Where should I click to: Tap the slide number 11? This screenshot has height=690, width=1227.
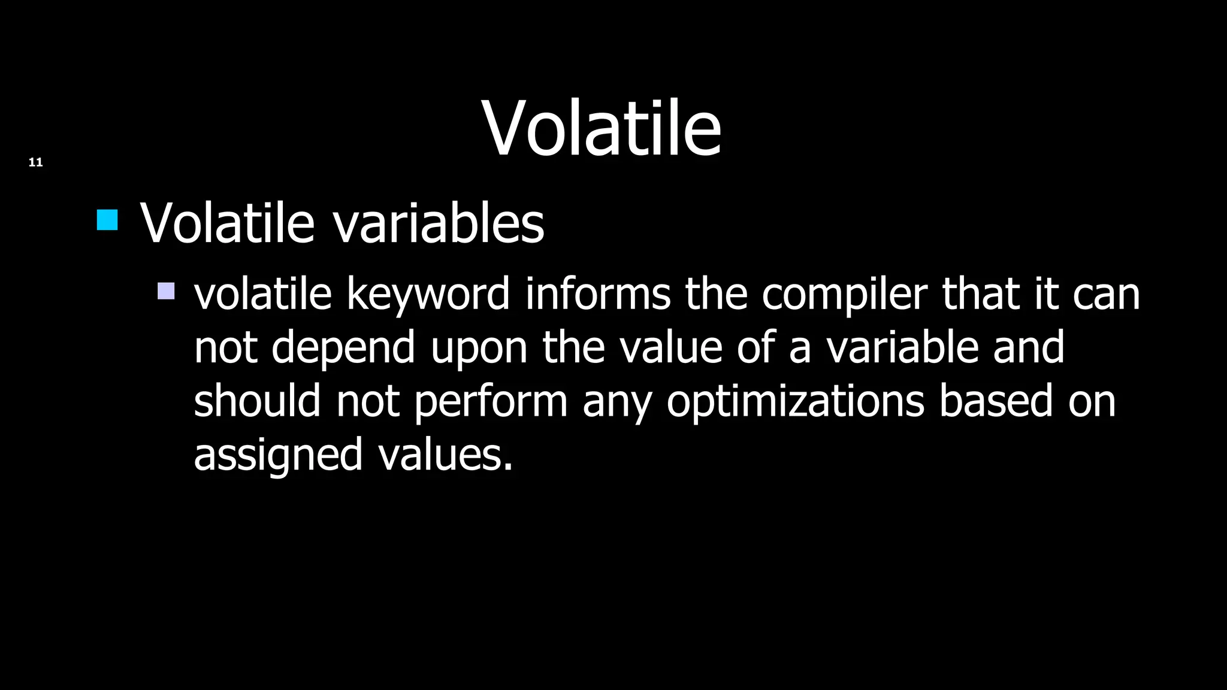click(35, 162)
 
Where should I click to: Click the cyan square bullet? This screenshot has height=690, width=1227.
click(107, 220)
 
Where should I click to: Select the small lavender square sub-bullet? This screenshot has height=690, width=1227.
click(166, 291)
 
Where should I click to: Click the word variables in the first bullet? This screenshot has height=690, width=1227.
click(438, 223)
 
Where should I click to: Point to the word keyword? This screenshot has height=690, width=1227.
click(428, 295)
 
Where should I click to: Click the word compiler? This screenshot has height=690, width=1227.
click(844, 295)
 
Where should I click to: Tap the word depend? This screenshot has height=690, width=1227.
click(343, 348)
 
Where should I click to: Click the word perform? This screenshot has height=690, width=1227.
click(490, 401)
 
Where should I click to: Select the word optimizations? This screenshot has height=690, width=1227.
click(795, 401)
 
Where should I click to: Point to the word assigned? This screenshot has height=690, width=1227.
click(278, 455)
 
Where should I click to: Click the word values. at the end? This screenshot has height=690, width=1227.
click(445, 454)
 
